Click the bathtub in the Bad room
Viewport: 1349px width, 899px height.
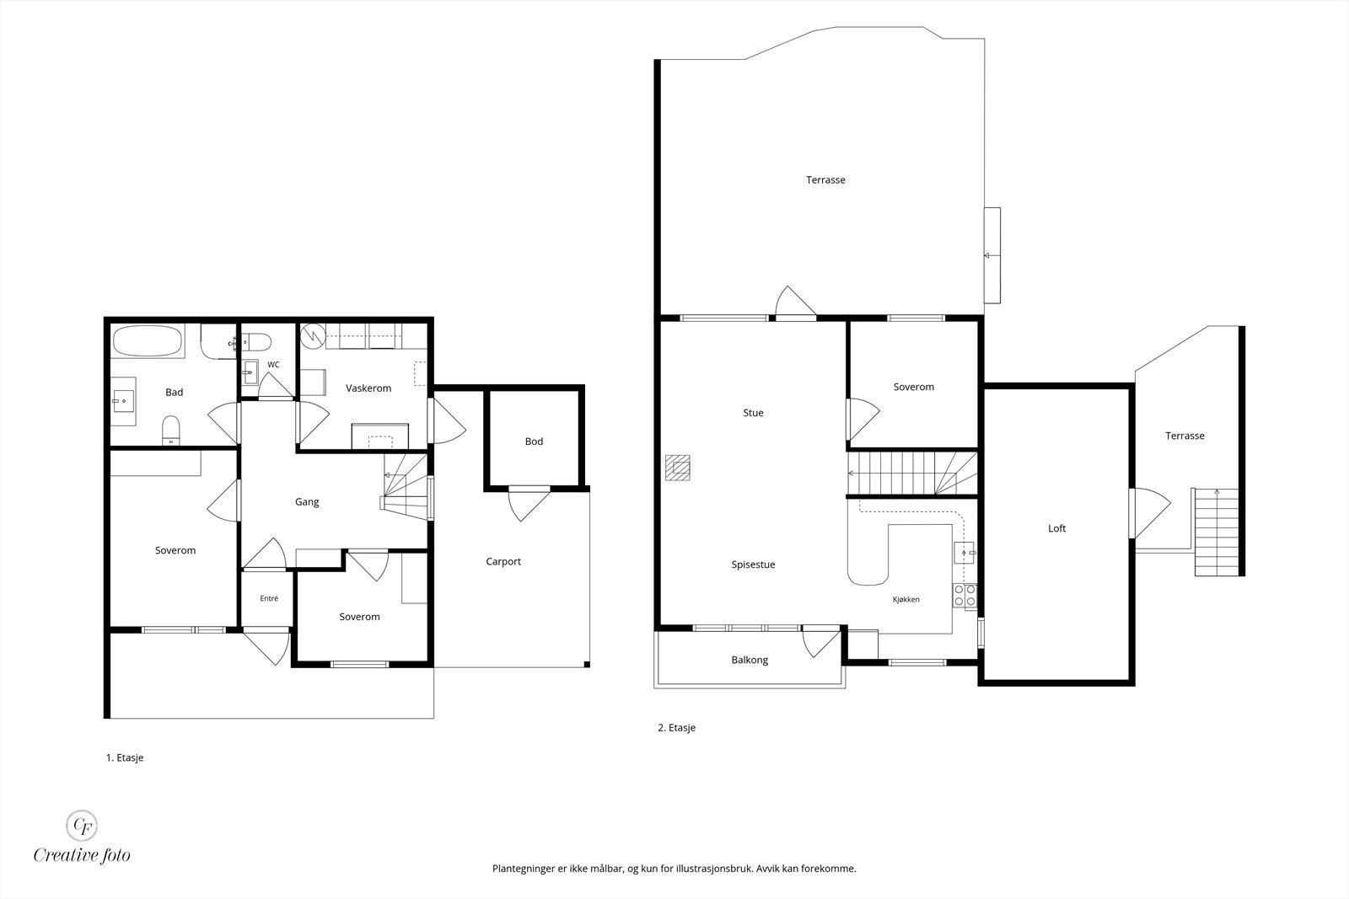click(x=147, y=341)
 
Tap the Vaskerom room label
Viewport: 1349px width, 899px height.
click(x=368, y=388)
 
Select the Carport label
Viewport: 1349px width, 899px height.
click(x=503, y=561)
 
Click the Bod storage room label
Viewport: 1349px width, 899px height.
click(x=535, y=441)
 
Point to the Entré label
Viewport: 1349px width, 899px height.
click(x=269, y=598)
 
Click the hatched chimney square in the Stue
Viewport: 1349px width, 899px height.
click(x=678, y=468)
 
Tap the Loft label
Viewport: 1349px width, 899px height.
click(x=1057, y=528)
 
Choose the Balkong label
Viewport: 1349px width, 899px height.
click(x=750, y=660)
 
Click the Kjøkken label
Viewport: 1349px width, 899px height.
click(x=906, y=599)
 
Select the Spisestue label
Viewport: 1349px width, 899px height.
click(x=754, y=565)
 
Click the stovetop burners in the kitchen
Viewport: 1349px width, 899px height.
click(x=965, y=595)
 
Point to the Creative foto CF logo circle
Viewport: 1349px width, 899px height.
click(x=81, y=825)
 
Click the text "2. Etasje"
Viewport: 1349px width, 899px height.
click(x=676, y=727)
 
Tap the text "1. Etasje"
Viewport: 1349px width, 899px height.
click(x=125, y=757)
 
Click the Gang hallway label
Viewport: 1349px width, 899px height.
click(x=307, y=502)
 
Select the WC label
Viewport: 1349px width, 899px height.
click(x=273, y=365)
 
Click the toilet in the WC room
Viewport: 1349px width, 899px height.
click(x=256, y=342)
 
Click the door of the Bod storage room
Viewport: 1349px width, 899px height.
click(x=529, y=504)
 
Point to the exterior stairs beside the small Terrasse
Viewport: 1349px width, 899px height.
click(x=1217, y=532)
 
